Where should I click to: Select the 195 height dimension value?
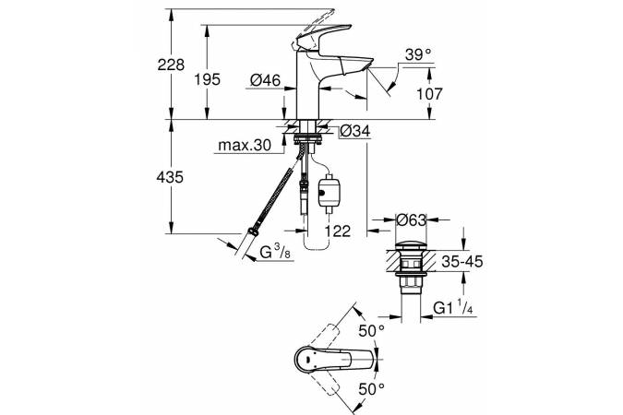pos(209,79)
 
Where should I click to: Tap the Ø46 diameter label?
pos(264,80)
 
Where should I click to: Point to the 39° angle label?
pos(417,56)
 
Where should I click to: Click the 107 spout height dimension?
pos(417,93)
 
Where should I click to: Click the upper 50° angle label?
pos(372,330)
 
